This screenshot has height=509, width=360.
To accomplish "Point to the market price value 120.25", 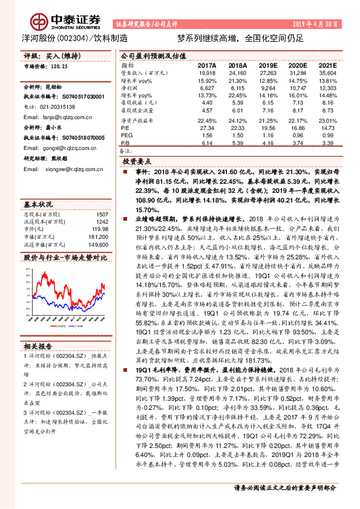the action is point(58,66).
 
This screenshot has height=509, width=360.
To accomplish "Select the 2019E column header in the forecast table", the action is point(267,64).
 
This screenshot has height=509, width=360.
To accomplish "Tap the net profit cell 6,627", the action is point(207,88).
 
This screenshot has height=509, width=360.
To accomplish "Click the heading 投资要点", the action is point(136,163).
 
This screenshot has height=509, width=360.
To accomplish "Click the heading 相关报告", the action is point(38,346).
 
